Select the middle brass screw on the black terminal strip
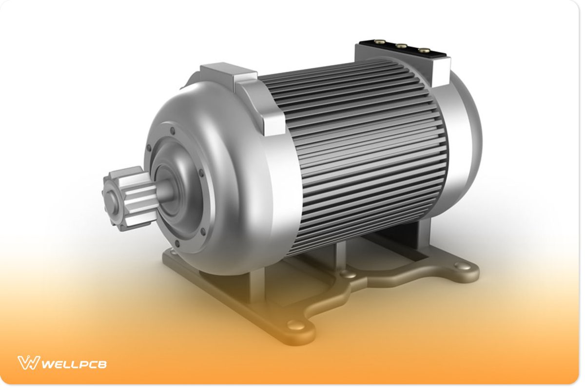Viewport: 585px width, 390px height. (x=401, y=46)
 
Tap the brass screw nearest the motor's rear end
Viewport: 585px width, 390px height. (x=424, y=50)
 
